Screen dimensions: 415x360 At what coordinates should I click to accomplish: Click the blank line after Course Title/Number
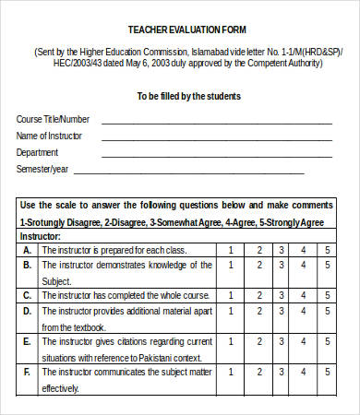(217, 122)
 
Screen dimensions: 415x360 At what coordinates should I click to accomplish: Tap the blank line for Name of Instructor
(217, 138)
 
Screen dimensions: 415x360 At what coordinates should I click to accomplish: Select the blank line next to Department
(217, 155)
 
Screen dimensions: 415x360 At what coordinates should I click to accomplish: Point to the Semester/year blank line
(189, 172)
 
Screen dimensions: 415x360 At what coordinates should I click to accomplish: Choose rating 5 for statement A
(326, 250)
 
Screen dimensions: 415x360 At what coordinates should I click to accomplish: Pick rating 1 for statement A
(230, 250)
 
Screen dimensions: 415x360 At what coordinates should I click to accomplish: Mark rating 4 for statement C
(303, 296)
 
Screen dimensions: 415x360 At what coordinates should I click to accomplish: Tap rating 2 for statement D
(259, 312)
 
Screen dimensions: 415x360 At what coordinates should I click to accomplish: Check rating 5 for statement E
(326, 342)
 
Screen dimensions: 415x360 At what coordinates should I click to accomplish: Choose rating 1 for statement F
(230, 373)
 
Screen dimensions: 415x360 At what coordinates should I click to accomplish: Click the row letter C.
(27, 296)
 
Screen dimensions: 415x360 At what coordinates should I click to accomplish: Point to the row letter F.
(27, 373)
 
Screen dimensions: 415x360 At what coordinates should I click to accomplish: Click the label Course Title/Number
(53, 120)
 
